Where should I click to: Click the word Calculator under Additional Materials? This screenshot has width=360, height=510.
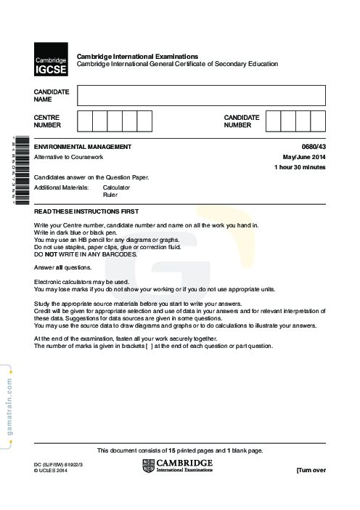tap(116, 187)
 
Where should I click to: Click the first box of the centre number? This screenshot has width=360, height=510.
tap(84, 121)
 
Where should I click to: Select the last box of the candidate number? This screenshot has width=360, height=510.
tap(318, 121)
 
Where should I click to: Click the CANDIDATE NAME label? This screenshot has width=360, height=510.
tap(52, 95)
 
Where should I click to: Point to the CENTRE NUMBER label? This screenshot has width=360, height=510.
tap(47, 121)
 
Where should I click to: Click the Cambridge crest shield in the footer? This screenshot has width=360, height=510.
tap(148, 466)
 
